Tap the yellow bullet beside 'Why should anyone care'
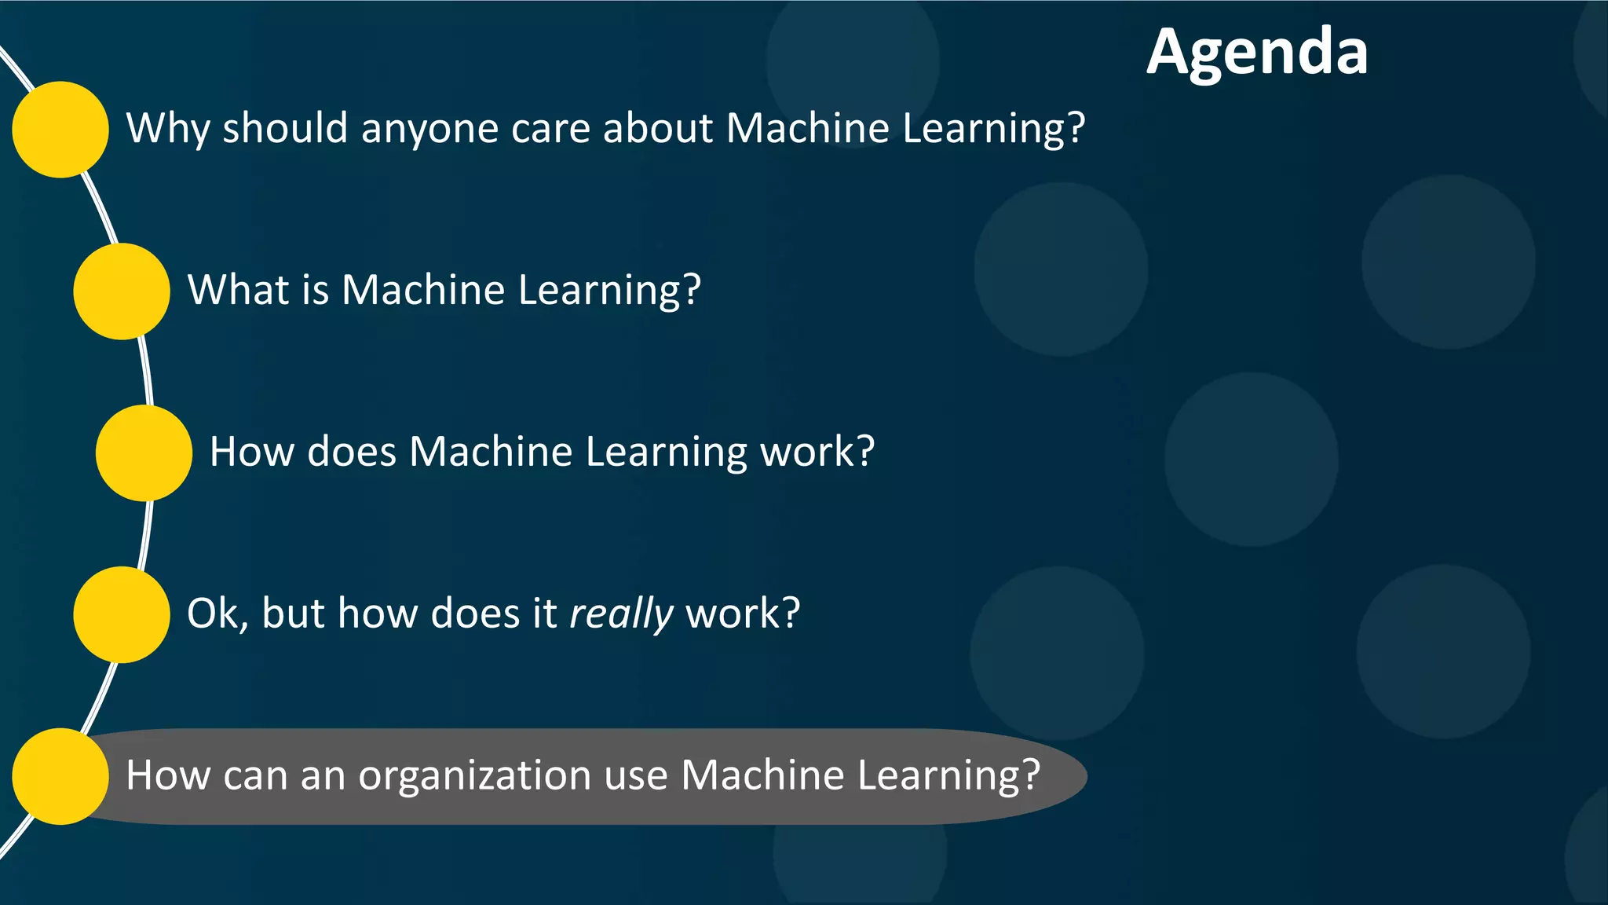tap(60, 130)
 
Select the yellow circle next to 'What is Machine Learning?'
tap(122, 291)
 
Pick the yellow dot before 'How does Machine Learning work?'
tap(144, 453)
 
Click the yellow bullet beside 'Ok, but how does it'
tap(122, 614)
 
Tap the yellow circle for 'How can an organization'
tap(60, 776)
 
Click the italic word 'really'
tap(621, 614)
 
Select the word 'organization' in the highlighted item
tap(475, 776)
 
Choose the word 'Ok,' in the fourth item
tap(217, 614)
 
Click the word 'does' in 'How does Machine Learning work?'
tap(352, 452)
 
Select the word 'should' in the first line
tap(285, 128)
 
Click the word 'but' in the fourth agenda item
tap(293, 613)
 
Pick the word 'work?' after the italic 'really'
tap(743, 614)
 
